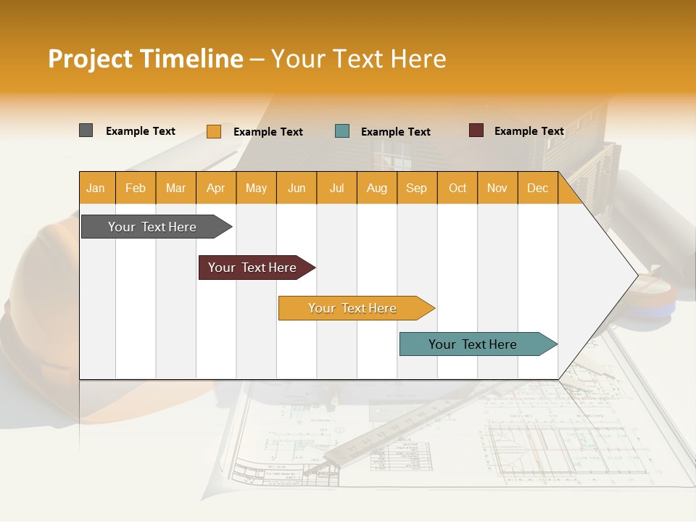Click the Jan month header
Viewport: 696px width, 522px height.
(x=96, y=188)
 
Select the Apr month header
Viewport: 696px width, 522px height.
(x=215, y=188)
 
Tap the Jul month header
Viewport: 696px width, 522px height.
(x=336, y=188)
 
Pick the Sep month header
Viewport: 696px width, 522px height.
(x=416, y=188)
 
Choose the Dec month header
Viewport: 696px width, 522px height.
(x=537, y=188)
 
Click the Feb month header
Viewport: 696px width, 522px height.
(x=136, y=188)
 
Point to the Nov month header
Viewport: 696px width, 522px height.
(x=497, y=188)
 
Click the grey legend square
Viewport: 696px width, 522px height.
(x=86, y=130)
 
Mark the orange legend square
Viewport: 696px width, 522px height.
(x=213, y=131)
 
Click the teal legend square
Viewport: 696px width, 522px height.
(x=342, y=131)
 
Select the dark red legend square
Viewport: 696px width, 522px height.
(x=476, y=130)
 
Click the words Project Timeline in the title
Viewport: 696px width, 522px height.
(x=145, y=59)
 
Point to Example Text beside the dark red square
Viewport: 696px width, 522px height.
(x=529, y=131)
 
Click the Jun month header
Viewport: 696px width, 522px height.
(x=297, y=188)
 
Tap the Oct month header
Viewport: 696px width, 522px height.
(x=457, y=188)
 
